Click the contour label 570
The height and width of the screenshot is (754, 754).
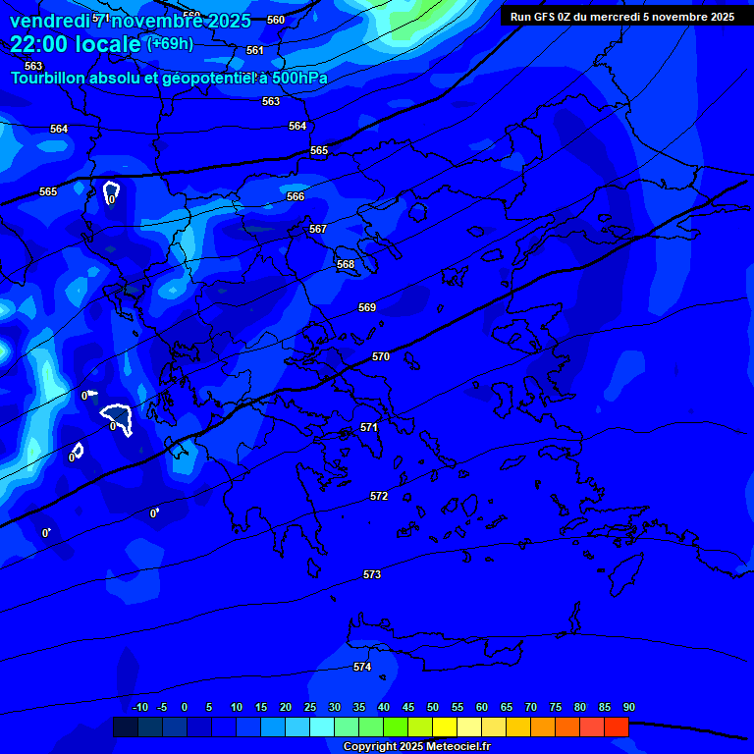tap(381, 356)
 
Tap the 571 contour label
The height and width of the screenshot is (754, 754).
tap(369, 427)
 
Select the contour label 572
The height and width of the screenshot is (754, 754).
tap(379, 496)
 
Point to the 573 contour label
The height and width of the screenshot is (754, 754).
tap(372, 574)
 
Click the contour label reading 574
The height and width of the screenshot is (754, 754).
tap(362, 667)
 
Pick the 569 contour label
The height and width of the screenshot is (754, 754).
tap(367, 307)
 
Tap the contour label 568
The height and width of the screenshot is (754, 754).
tap(346, 264)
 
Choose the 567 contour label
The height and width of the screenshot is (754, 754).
tap(318, 229)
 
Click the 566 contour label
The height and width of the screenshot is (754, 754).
tap(296, 196)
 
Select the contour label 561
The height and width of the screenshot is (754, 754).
tap(255, 50)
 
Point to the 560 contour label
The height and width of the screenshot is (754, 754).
tap(276, 20)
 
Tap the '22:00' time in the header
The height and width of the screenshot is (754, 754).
tap(40, 44)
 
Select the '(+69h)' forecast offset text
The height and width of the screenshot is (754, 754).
tap(170, 44)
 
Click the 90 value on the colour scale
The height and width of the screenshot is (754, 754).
tap(628, 707)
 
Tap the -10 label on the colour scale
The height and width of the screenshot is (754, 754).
tap(139, 707)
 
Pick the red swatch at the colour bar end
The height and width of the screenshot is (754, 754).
tap(616, 727)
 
